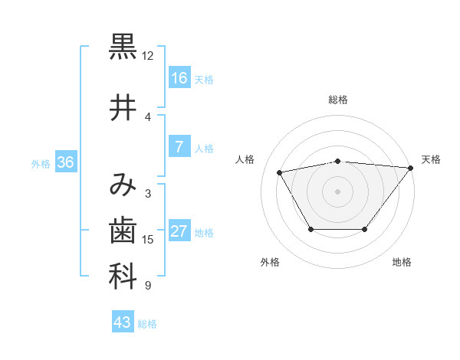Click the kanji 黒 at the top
click(x=123, y=46)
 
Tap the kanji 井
click(x=123, y=108)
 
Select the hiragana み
click(x=123, y=185)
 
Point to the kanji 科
click(x=123, y=277)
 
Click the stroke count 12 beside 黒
click(x=147, y=56)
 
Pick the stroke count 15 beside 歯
click(x=148, y=240)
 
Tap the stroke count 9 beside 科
click(x=147, y=286)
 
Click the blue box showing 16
click(x=179, y=78)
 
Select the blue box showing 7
click(x=179, y=148)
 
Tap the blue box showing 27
click(x=179, y=232)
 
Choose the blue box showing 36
click(x=65, y=162)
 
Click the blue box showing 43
click(x=122, y=322)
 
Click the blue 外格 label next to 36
click(x=41, y=163)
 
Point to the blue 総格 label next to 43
click(x=147, y=324)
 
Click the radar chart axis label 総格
click(x=337, y=100)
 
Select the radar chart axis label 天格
click(x=431, y=159)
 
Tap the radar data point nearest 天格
click(x=411, y=168)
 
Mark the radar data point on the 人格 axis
click(x=279, y=172)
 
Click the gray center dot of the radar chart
click(x=337, y=191)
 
